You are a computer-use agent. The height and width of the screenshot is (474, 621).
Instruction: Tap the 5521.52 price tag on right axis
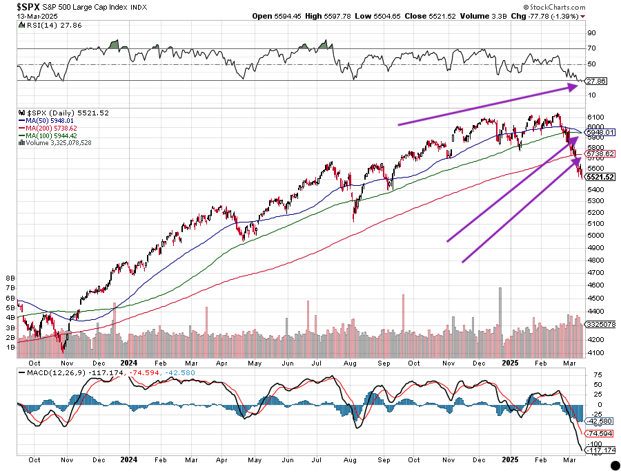click(x=600, y=178)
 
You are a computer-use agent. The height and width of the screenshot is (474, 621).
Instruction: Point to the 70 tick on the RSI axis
click(x=591, y=48)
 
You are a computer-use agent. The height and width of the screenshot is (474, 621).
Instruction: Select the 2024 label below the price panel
click(x=129, y=361)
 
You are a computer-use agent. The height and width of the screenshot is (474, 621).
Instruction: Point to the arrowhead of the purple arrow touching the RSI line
click(x=576, y=86)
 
